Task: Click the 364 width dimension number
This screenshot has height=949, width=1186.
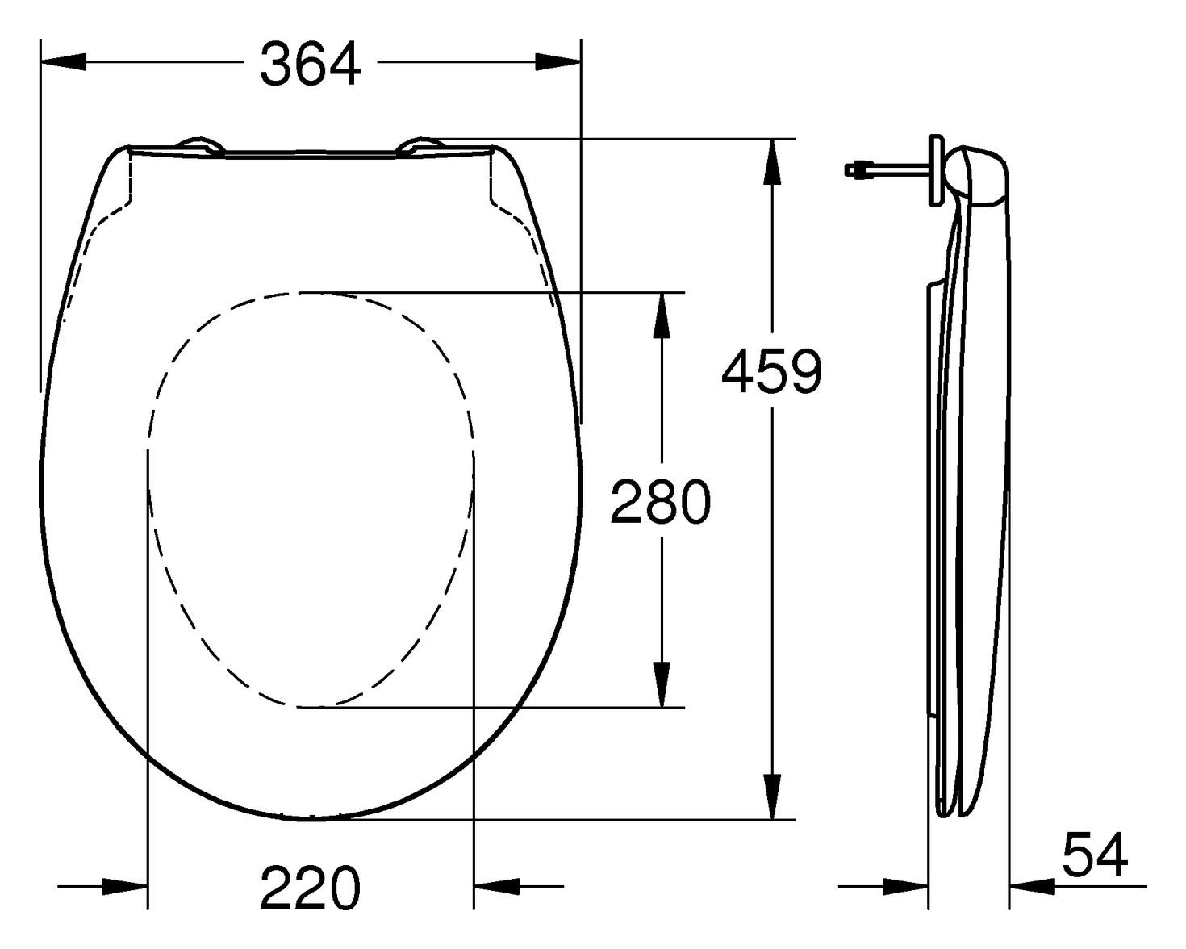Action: (x=311, y=65)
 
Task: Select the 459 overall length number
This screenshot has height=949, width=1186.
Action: (x=771, y=373)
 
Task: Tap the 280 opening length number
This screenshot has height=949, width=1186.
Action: (x=660, y=502)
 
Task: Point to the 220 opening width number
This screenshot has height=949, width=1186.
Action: (x=310, y=888)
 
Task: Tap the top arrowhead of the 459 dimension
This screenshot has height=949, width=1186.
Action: (x=772, y=161)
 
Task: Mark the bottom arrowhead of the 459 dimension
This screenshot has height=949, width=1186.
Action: (x=772, y=796)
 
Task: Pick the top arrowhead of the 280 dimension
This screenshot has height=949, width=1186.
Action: (x=662, y=315)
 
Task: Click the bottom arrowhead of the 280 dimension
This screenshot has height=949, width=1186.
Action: (x=662, y=684)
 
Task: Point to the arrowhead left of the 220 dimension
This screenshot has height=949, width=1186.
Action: (x=126, y=886)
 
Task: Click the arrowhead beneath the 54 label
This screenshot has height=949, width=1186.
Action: (x=1031, y=887)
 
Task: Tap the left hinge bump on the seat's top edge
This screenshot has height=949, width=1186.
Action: (x=200, y=144)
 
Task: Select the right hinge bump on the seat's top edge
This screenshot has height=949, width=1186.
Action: (x=421, y=145)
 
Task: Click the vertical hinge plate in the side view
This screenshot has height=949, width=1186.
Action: (x=936, y=169)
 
